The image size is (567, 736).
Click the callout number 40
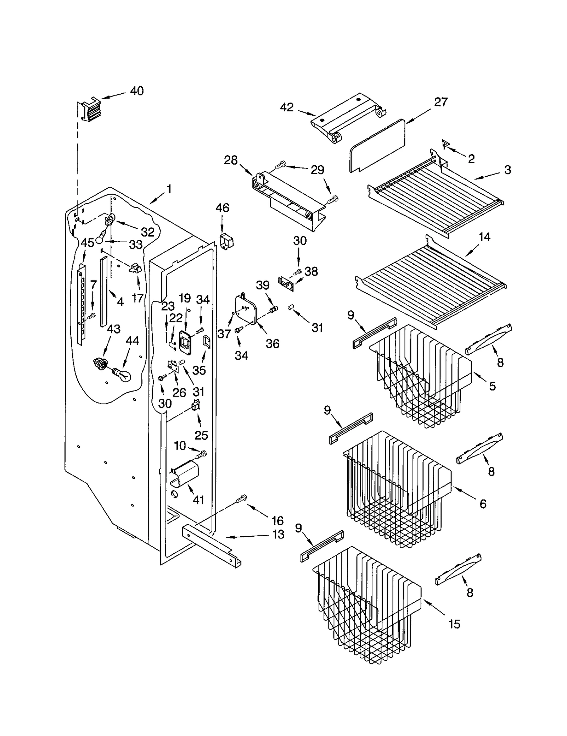point(137,91)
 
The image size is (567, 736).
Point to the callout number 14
point(484,237)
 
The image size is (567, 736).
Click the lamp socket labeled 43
point(100,363)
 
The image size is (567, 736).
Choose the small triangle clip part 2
point(446,144)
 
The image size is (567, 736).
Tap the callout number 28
point(231,160)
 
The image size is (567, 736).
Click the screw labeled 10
point(202,453)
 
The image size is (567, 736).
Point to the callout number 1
point(169,189)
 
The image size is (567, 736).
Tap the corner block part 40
point(89,109)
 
